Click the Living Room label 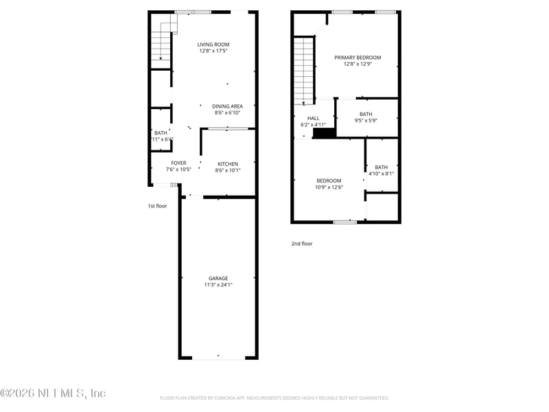click(x=213, y=44)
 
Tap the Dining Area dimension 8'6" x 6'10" click(x=227, y=113)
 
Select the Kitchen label click(x=228, y=164)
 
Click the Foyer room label click(x=178, y=163)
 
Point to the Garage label click(x=218, y=278)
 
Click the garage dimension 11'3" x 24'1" click(x=218, y=285)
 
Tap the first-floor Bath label click(x=161, y=133)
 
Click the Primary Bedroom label click(x=358, y=58)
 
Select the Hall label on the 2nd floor click(x=313, y=118)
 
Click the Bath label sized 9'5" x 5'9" click(x=366, y=114)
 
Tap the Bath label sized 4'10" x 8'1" click(x=381, y=167)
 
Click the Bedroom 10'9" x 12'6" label click(x=329, y=181)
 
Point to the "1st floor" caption click(x=157, y=206)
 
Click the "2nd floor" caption click(x=302, y=243)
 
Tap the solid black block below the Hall click(x=324, y=134)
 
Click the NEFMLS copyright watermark click(x=53, y=393)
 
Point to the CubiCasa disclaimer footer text click(x=274, y=398)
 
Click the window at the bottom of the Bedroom click(x=344, y=222)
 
